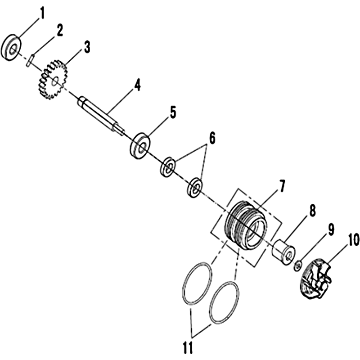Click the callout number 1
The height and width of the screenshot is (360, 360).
click(41, 14)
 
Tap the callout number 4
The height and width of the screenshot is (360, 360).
click(137, 85)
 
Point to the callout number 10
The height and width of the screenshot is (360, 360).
click(353, 240)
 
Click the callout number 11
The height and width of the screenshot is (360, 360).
click(188, 347)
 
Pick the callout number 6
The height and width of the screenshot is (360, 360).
click(212, 139)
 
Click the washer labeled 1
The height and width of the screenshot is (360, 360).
click(11, 48)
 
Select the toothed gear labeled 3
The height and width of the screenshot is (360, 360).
click(52, 79)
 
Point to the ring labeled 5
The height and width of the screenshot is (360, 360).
click(140, 146)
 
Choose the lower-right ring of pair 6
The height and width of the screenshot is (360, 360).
click(195, 187)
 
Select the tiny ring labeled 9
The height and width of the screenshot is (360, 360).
click(298, 265)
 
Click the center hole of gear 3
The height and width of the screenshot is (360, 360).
click(55, 81)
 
